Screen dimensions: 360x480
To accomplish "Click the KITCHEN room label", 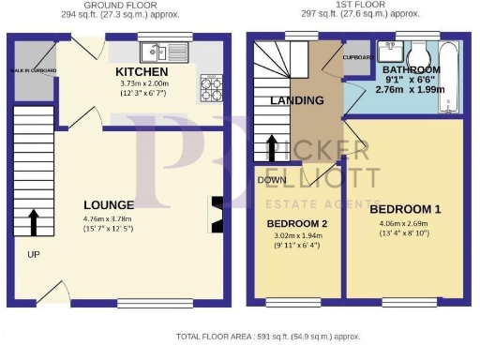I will [x=142, y=72].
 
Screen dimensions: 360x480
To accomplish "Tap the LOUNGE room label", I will [x=109, y=204].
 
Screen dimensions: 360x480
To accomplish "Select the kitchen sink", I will [x=164, y=52].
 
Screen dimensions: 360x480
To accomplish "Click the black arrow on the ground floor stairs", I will [x=34, y=221].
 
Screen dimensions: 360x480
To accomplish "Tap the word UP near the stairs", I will [x=34, y=254].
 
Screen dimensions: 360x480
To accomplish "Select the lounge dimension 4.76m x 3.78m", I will [x=109, y=221].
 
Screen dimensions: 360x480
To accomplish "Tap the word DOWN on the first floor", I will [x=272, y=179].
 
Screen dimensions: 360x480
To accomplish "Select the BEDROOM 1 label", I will [x=405, y=207].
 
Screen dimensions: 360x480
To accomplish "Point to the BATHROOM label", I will [x=410, y=70].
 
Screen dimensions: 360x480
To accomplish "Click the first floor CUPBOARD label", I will [x=358, y=56].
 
